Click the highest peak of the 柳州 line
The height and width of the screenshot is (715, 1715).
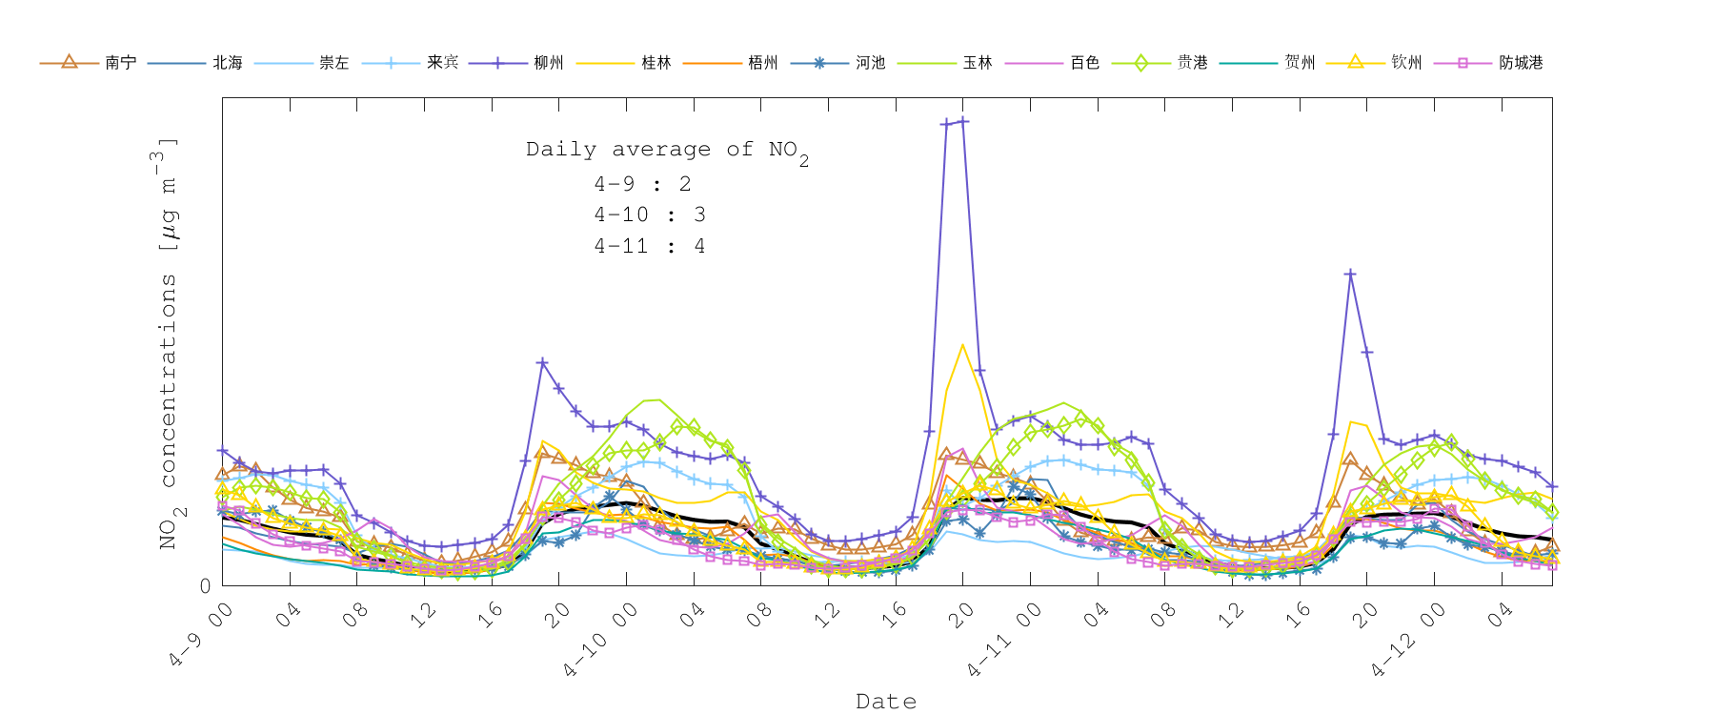point(963,121)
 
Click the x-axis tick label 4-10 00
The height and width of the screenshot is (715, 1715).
point(600,642)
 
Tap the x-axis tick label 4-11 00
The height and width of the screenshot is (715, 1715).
point(1004,642)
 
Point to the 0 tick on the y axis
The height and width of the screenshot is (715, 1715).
point(206,585)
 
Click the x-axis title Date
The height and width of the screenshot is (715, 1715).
point(886,702)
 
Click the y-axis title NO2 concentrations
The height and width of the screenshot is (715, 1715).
point(168,343)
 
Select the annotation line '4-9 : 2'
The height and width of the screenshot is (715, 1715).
point(642,184)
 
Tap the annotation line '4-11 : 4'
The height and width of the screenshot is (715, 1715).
point(649,246)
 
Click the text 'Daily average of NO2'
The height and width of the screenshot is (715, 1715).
point(667,151)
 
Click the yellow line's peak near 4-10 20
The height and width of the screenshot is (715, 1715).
point(962,345)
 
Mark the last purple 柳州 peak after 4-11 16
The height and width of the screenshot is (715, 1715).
point(1350,274)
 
